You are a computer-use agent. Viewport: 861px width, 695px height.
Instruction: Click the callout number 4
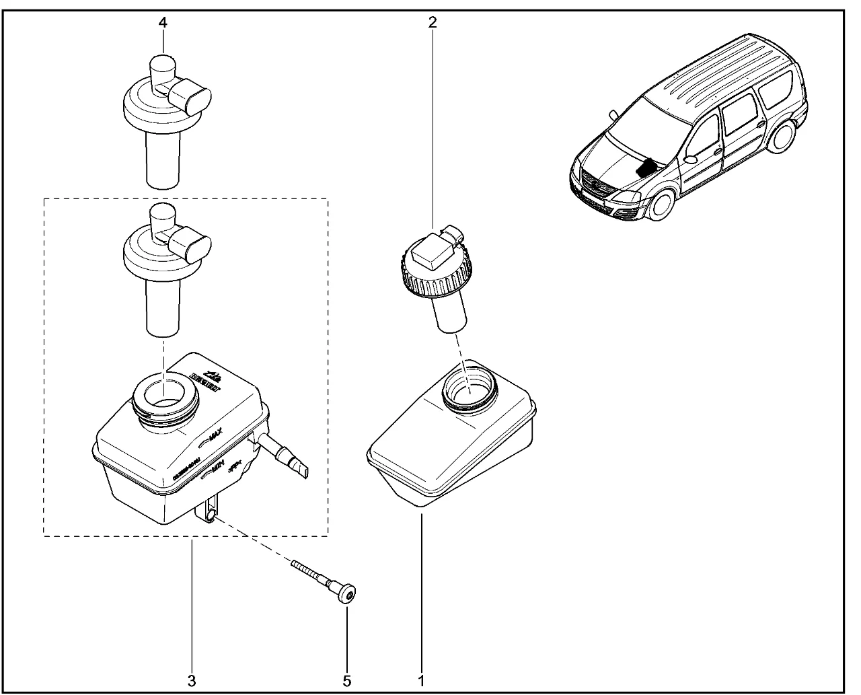[x=163, y=22]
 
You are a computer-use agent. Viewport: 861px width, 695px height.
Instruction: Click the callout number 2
[x=433, y=22]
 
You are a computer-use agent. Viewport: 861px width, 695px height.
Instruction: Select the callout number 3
[x=192, y=680]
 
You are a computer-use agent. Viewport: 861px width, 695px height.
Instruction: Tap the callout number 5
[x=347, y=680]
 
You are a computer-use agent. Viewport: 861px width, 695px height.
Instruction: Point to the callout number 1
[x=421, y=680]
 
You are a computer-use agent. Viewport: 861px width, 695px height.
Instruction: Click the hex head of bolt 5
[x=347, y=594]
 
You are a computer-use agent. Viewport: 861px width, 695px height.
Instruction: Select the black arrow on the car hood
[x=645, y=166]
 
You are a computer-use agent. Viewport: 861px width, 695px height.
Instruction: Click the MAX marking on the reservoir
[x=214, y=437]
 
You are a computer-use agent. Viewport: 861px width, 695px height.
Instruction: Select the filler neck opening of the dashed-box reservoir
[x=163, y=396]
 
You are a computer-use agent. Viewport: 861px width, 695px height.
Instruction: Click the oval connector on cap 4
[x=192, y=98]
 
